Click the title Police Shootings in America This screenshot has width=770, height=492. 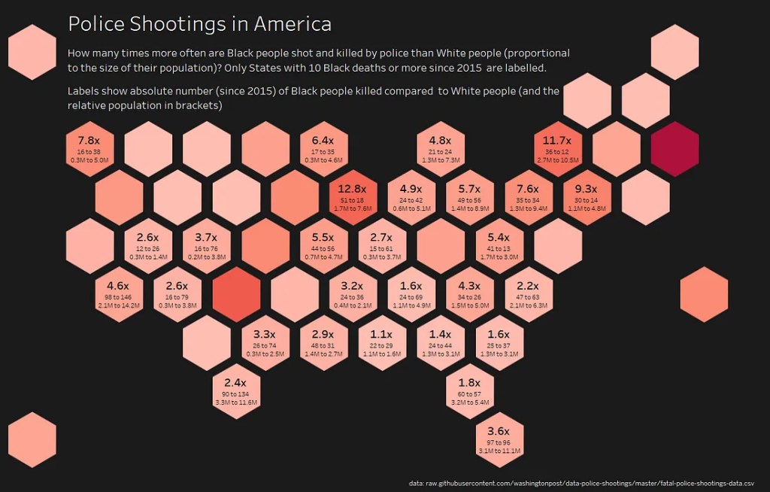[x=199, y=24]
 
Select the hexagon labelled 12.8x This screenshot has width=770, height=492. [x=353, y=197]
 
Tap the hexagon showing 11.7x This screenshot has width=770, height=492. [x=557, y=149]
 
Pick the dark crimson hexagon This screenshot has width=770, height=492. [x=675, y=149]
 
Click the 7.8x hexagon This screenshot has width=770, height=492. [x=89, y=149]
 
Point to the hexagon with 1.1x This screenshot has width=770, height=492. [x=381, y=343]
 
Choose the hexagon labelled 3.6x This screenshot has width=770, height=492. [x=499, y=439]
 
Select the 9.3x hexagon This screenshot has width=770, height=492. [x=586, y=197]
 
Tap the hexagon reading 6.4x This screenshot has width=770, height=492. [x=323, y=149]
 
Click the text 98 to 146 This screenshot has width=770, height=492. [x=118, y=298]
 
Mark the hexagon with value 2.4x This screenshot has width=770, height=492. [x=235, y=391]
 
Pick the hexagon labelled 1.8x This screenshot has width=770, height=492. [x=469, y=391]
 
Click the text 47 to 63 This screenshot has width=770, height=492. [x=528, y=298]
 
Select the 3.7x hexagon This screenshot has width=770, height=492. [x=206, y=245]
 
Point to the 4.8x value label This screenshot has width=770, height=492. [x=440, y=141]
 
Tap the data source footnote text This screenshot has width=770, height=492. [x=581, y=483]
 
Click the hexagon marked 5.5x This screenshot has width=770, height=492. [x=323, y=245]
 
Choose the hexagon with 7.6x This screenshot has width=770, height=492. [x=528, y=197]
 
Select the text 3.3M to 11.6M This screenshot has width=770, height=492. [x=235, y=402]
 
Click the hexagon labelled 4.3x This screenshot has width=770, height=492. [x=469, y=293]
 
